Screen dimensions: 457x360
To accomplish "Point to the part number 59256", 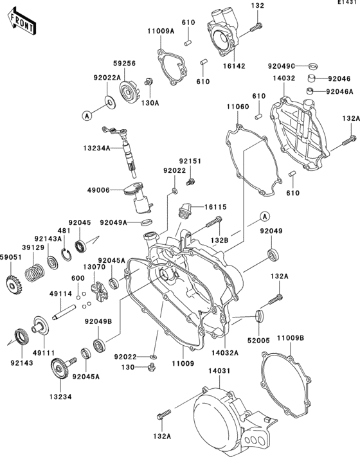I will coord(125,64).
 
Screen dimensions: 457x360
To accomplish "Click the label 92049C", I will coord(281,66).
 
